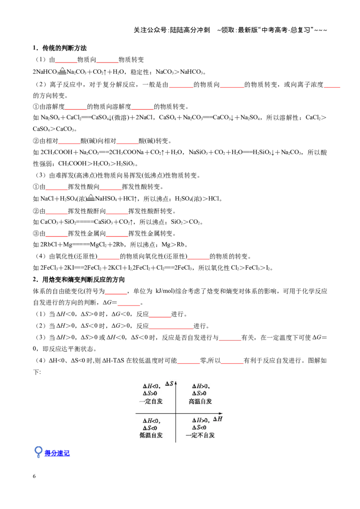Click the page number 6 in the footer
coord(34,476)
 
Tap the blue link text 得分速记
coord(57,453)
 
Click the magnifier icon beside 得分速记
coord(38,451)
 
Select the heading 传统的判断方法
coord(64,48)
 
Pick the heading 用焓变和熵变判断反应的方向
coord(84,280)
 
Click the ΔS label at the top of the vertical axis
coord(169,384)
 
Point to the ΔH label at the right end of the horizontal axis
coord(218,419)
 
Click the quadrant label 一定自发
coord(151,401)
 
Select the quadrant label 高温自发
coord(200,402)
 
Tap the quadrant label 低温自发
coord(151,435)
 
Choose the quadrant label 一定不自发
coord(200,435)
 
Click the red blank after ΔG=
coord(129,303)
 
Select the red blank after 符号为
coord(116,291)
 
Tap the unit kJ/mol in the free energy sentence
coord(165,291)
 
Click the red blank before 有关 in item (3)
coord(230,338)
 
